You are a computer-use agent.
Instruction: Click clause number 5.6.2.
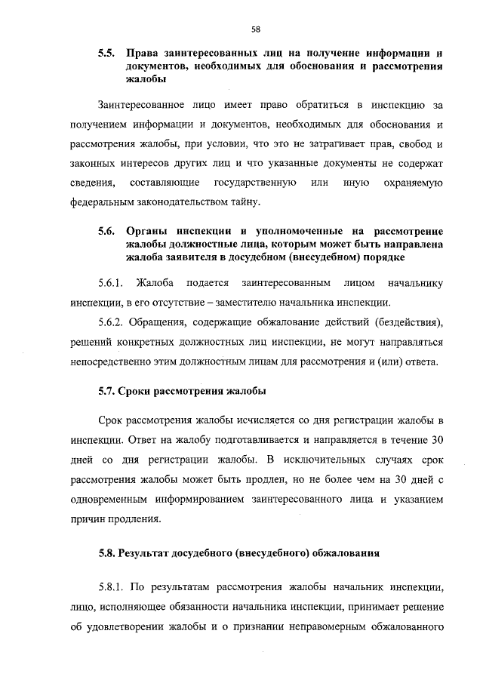[112, 323]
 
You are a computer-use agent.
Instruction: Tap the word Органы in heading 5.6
[146, 230]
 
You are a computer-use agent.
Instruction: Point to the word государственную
[255, 183]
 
